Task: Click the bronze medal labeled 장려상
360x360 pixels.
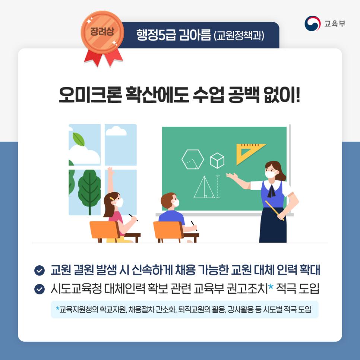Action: click(102, 32)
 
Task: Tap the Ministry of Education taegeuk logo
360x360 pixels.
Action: click(312, 23)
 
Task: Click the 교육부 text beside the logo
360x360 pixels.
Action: click(335, 23)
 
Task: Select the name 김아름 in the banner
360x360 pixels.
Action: click(195, 35)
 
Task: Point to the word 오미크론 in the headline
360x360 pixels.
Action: click(90, 95)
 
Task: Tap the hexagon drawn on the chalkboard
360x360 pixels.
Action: click(193, 160)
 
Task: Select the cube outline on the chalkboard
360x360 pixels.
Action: click(217, 160)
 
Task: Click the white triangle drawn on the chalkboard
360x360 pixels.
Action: click(204, 187)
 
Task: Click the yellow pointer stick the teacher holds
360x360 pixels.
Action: click(275, 211)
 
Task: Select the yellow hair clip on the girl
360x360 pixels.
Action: click(112, 198)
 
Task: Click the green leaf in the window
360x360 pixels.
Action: click(79, 139)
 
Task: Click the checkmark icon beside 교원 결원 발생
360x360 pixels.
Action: click(39, 270)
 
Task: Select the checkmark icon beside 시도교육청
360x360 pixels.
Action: click(39, 289)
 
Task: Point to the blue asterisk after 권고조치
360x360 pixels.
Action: click(271, 287)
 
